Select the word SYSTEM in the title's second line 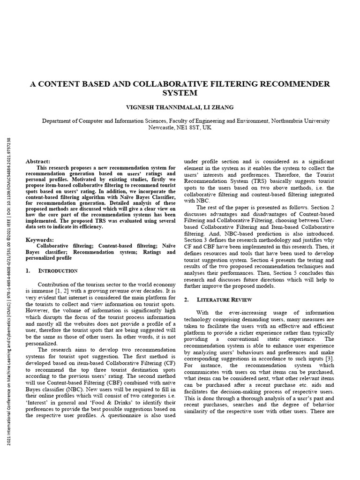coord(180,93)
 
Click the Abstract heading coord(37,161)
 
